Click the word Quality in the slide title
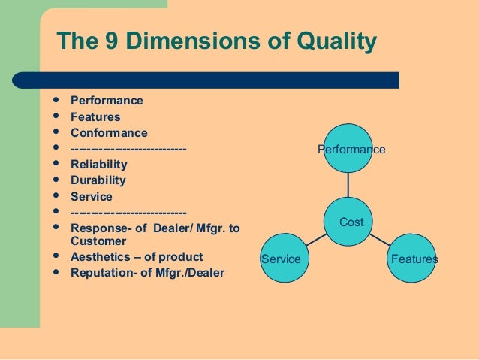coord(331,43)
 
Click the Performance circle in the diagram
coord(351,150)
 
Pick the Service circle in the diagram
coord(286,259)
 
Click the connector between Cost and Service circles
coord(320,241)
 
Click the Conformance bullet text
coord(109,133)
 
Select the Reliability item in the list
coord(98,165)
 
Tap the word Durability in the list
coord(98,180)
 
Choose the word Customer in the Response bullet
coord(98,241)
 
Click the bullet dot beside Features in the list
coord(56,116)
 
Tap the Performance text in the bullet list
coord(106,101)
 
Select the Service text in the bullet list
coord(91,196)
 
